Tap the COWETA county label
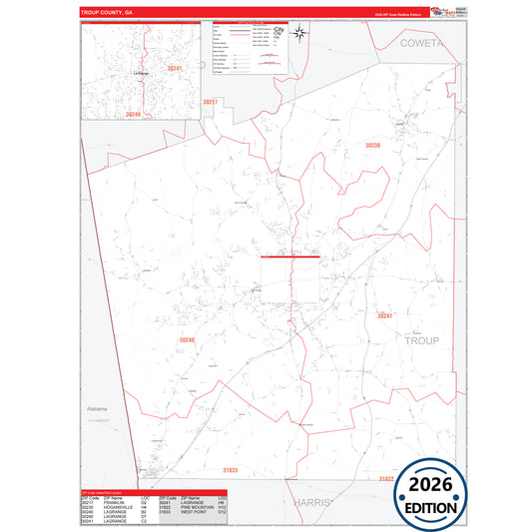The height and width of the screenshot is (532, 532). (426, 44)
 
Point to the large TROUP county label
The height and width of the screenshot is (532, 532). (421, 340)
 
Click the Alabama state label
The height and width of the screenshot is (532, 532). (96, 409)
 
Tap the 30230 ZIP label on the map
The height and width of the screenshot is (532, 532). (372, 146)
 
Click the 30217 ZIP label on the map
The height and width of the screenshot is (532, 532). (210, 102)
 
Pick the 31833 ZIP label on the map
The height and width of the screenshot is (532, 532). (231, 469)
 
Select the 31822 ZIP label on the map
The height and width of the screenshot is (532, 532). (386, 479)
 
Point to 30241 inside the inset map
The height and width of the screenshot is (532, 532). (175, 68)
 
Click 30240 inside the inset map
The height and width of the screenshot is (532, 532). (133, 115)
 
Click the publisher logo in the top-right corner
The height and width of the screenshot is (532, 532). (440, 11)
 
